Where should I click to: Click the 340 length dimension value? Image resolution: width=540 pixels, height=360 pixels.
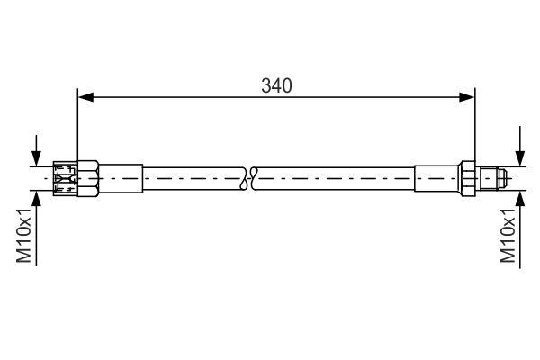[277, 85]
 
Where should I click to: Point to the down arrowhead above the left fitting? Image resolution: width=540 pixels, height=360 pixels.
[36, 157]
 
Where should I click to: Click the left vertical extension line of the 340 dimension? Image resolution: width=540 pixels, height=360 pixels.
[78, 126]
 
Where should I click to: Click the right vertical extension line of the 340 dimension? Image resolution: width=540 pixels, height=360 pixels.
[475, 126]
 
